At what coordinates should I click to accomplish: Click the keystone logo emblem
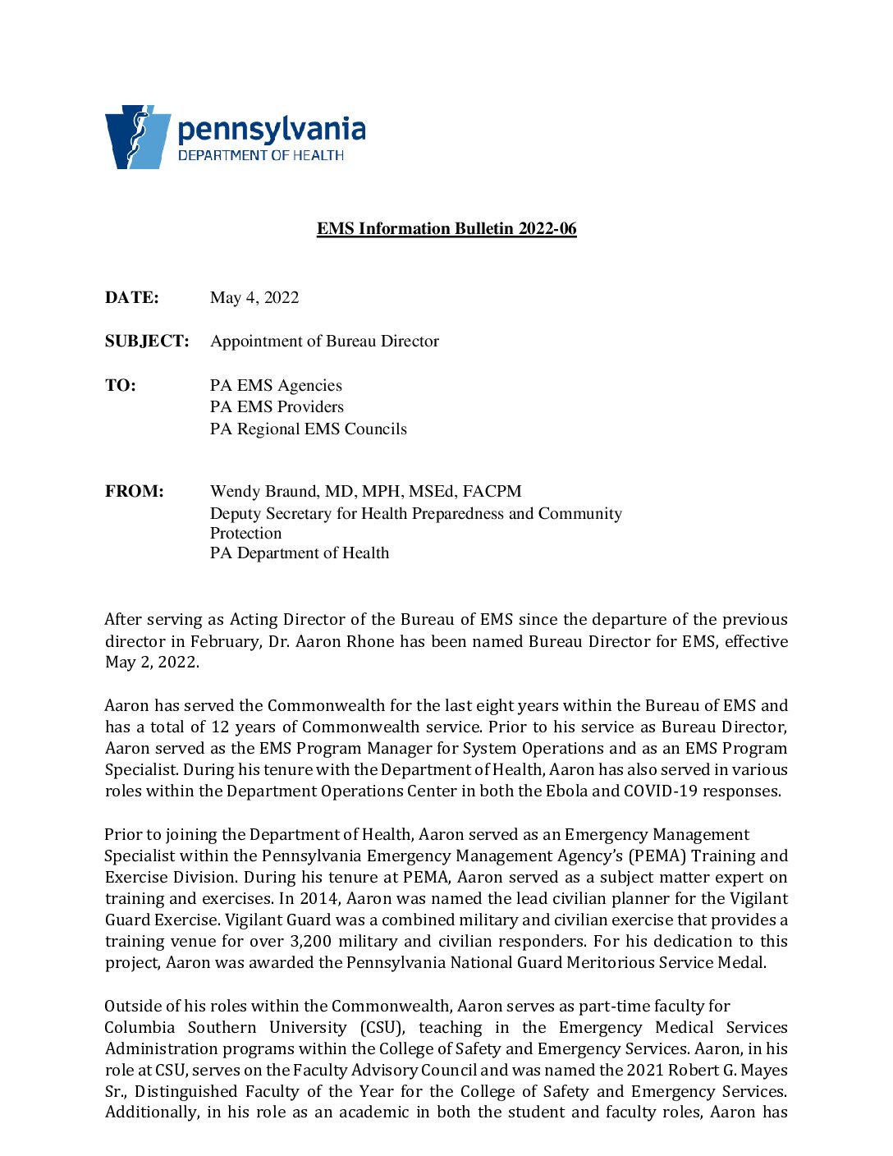click(x=137, y=136)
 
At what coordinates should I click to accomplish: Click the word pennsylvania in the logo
click(x=272, y=131)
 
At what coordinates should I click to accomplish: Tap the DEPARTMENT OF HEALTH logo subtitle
click(x=261, y=155)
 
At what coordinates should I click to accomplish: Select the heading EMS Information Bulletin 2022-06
click(x=446, y=228)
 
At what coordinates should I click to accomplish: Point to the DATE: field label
click(x=132, y=297)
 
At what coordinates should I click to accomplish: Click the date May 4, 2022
click(x=254, y=297)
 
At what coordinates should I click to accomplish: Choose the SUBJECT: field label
click(x=147, y=341)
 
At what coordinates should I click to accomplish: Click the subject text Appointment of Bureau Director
click(x=324, y=341)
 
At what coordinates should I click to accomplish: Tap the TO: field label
click(x=121, y=385)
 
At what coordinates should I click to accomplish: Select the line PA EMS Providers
click(x=277, y=406)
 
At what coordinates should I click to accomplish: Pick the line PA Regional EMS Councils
click(x=308, y=429)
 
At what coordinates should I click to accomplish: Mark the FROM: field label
click(x=135, y=491)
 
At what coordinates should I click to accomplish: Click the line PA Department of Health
click(x=300, y=553)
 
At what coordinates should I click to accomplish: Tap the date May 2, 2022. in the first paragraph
click(x=152, y=663)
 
